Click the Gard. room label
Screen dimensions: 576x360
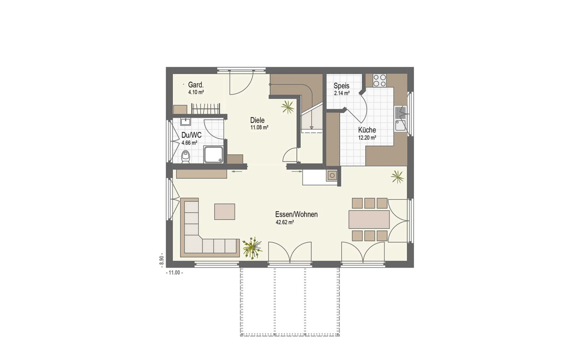pos(196,85)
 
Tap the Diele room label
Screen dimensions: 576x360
pos(257,120)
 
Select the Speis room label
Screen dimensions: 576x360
pos(342,86)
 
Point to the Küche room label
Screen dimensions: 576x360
pos(367,130)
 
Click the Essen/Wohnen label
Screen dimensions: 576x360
pos(296,214)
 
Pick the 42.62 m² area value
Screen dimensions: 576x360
pos(285,222)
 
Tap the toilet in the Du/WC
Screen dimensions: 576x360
pos(185,157)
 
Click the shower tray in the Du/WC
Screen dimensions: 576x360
pos(213,154)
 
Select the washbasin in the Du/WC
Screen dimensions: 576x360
pos(185,122)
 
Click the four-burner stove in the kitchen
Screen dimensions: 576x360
pos(379,80)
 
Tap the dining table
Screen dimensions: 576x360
pos(369,219)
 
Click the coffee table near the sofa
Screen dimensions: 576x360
pos(225,212)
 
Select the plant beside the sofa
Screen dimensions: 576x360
pos(252,248)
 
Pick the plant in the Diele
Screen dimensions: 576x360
pos(288,107)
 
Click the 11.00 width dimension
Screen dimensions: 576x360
pos(175,273)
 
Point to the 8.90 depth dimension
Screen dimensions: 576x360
pos(161,260)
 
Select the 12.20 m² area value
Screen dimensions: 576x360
pos(367,138)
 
